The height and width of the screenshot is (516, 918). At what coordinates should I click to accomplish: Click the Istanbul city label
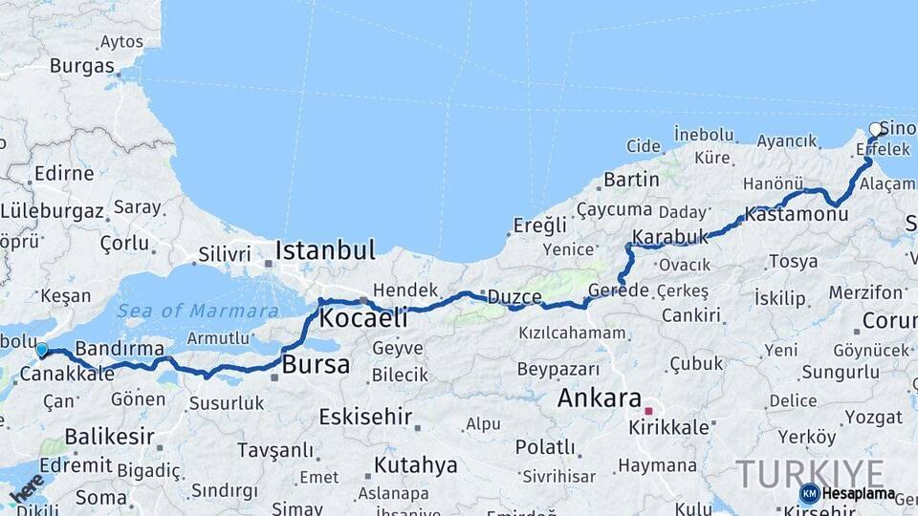pos(325,251)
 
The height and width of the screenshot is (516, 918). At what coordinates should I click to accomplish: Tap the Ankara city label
pos(599,398)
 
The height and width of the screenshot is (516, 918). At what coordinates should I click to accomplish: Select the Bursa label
pos(316,365)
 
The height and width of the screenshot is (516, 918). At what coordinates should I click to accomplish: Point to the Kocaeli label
pos(363,317)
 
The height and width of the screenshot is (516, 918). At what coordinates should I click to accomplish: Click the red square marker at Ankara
pos(648,411)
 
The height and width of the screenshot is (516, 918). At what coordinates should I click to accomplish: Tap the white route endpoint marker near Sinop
pos(875,130)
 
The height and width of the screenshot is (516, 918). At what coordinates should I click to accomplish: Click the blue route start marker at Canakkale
pos(41,351)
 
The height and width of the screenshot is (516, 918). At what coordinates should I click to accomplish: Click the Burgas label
pos(81,66)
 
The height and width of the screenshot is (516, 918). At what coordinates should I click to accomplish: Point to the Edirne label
pos(63,174)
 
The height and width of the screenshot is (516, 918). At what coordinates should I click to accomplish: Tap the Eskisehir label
pos(365,417)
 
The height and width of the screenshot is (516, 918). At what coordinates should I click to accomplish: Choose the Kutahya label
pos(415,465)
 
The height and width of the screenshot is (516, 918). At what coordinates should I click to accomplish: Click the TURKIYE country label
pos(810,473)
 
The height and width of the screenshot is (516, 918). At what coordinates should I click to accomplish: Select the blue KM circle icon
pos(809,493)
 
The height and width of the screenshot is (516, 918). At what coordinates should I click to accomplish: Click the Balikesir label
pos(97,437)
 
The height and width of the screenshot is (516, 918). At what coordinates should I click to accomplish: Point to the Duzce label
pos(514,297)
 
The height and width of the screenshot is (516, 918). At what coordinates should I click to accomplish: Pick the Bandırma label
pos(120,348)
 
